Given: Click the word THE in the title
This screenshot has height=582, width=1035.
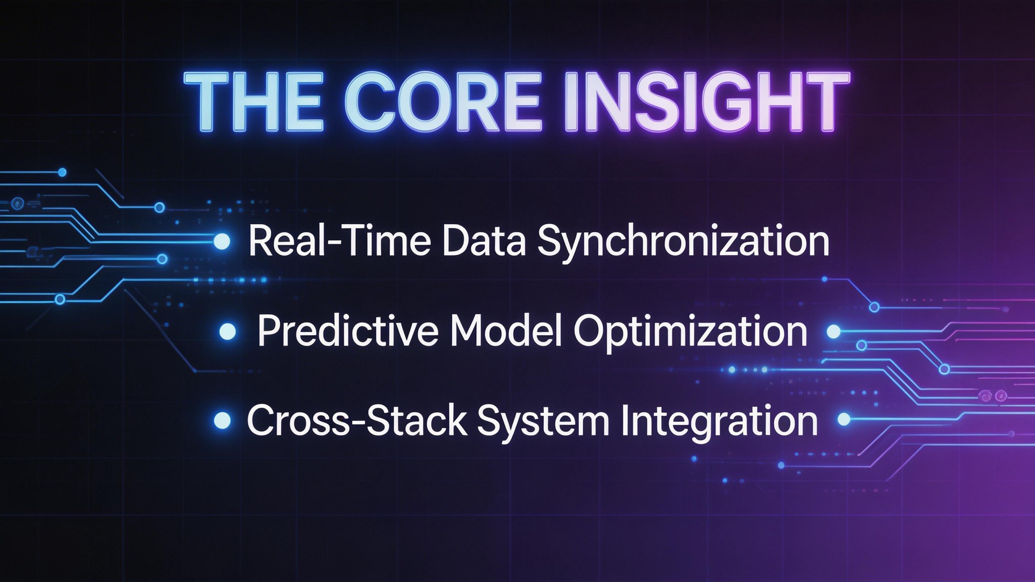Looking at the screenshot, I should point(253,102).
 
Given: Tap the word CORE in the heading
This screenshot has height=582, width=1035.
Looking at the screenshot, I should point(442,102).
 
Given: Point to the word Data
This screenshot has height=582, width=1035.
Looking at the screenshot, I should point(484,241).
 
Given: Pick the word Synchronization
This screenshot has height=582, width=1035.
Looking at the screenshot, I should point(683,242).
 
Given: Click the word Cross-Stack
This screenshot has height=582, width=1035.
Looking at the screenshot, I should point(357,421).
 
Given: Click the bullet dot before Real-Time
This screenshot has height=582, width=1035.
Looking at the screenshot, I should point(222,241).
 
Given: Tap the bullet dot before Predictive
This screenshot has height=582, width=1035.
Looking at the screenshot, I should point(228,331).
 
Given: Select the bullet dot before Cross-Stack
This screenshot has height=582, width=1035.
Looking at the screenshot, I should point(222,420).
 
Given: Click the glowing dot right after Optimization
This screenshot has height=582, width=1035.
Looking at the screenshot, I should point(833,331).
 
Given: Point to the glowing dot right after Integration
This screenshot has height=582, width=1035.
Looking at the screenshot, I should point(844,419).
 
